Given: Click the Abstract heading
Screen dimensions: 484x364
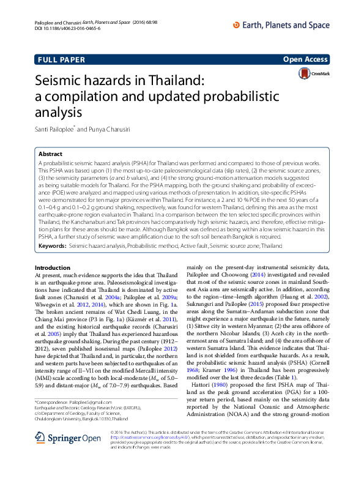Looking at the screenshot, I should (x=50, y=155).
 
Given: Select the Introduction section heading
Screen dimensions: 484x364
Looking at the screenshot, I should (x=53, y=268).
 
